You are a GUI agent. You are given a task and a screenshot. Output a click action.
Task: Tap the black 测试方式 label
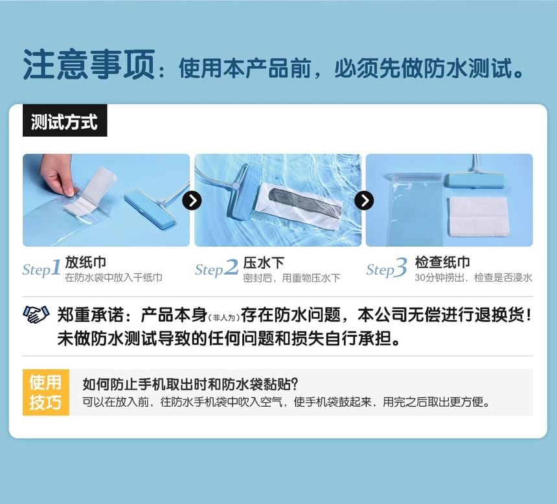(64, 122)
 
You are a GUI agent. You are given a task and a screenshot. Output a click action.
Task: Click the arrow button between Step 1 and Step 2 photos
(192, 201)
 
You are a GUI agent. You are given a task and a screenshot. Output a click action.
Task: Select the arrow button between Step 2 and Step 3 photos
(364, 201)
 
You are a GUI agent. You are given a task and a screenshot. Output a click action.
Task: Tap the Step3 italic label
(387, 269)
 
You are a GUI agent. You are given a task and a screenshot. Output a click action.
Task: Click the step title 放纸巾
(85, 262)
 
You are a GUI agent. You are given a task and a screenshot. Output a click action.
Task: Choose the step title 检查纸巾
(442, 262)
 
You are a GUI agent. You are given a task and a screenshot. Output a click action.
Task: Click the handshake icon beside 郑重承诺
(36, 315)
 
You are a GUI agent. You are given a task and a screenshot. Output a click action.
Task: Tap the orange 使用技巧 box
(45, 392)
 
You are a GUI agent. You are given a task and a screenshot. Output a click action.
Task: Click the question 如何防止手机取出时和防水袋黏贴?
(190, 384)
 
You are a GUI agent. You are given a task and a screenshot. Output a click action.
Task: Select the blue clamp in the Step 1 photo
(150, 209)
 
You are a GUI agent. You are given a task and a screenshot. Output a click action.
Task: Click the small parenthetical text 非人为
(226, 317)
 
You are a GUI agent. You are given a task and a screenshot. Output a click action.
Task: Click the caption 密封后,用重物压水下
(291, 278)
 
